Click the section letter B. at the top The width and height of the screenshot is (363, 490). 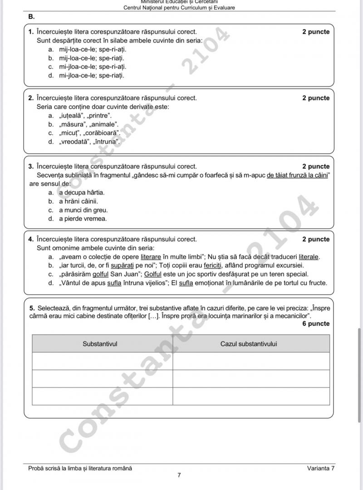31,16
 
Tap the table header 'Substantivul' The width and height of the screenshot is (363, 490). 100,344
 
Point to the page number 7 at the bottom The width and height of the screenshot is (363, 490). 179,475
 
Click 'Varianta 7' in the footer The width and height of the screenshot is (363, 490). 320,468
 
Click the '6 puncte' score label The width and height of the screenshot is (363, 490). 316,323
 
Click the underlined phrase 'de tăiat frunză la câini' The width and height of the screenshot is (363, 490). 298,175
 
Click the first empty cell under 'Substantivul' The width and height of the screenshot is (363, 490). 102,361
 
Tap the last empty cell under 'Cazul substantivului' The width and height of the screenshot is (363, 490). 251,396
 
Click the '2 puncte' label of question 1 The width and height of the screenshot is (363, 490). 316,32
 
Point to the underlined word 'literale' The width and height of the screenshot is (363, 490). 309,257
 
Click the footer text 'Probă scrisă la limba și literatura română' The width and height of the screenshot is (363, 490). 80,468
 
